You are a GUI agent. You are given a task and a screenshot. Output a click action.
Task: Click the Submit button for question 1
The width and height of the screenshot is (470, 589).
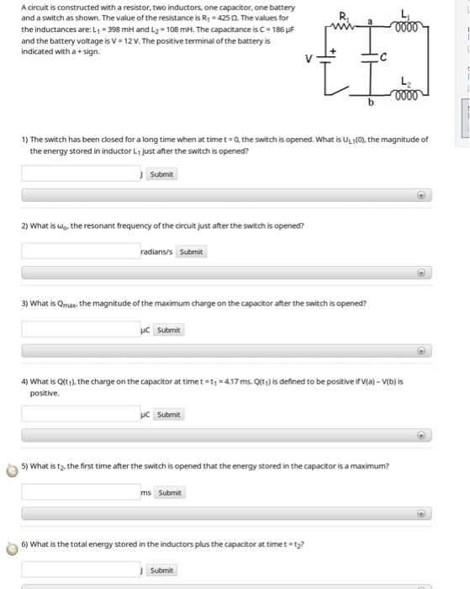coord(161,174)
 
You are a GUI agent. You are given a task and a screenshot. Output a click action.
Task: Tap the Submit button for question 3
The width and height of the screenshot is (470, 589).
coord(168,330)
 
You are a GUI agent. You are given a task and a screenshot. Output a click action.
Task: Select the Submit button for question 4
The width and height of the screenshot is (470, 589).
coord(168,414)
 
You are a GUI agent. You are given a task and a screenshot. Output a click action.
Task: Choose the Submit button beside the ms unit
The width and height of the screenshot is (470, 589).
coord(170,492)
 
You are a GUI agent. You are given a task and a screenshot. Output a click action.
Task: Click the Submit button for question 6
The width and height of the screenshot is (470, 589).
coord(161,570)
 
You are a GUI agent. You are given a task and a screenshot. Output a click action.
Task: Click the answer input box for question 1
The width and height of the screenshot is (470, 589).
coord(81,173)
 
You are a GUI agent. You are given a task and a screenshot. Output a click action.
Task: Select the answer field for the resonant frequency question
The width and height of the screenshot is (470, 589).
coord(81,251)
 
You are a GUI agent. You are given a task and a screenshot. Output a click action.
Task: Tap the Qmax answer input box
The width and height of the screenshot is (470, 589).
coord(81,329)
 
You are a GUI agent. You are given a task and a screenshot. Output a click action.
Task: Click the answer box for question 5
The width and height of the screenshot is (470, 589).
coord(81,491)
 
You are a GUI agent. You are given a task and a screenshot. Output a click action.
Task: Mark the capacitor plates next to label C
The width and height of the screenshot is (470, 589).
coord(369,57)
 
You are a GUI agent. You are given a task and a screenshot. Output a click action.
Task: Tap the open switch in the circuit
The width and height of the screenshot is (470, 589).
coord(337,91)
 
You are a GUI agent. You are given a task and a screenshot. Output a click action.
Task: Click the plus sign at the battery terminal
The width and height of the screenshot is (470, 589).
coord(333,50)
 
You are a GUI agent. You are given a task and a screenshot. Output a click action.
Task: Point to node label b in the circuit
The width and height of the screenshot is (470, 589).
coord(371,102)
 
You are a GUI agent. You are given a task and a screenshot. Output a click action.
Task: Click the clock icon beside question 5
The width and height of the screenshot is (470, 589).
coord(12,470)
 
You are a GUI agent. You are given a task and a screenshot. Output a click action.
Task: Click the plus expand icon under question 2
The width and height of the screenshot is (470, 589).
coord(421,273)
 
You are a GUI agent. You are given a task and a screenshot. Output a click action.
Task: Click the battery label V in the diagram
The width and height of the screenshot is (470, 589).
coord(309,59)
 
